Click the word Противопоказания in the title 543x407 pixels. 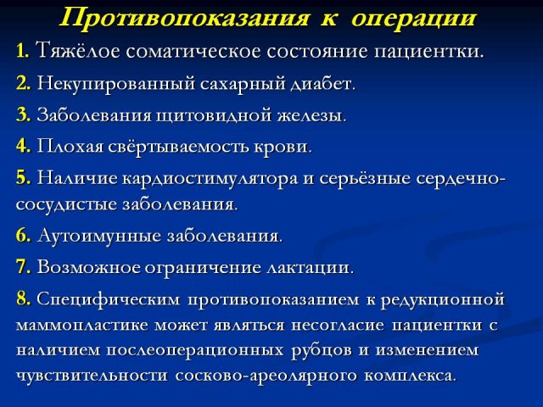click(184, 18)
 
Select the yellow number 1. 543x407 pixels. click(22, 51)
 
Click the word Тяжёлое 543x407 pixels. click(78, 51)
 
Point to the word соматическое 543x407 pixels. click(193, 52)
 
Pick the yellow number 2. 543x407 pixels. click(23, 83)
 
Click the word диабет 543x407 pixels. click(322, 83)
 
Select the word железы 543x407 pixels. click(311, 116)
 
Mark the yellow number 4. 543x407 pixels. click(23, 146)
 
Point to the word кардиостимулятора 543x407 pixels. click(210, 179)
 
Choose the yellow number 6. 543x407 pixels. click(23, 236)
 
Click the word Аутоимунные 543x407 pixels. click(99, 236)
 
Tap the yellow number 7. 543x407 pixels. click(23, 267)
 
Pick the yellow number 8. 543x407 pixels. click(23, 298)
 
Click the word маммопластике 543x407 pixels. click(82, 325)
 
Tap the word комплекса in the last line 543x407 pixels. click(409, 376)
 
